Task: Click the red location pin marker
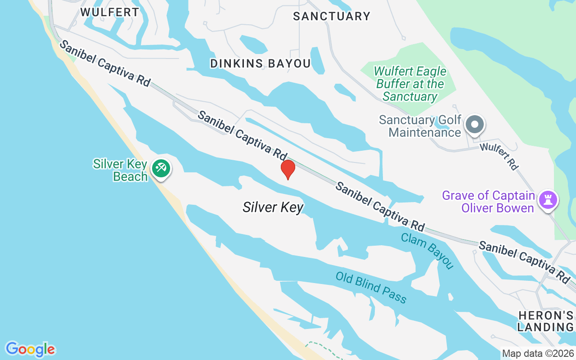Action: pyautogui.click(x=288, y=169)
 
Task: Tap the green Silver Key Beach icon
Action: pyautogui.click(x=161, y=169)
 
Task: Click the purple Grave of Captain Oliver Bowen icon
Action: pyautogui.click(x=548, y=199)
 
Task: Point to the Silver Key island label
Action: pyautogui.click(x=273, y=207)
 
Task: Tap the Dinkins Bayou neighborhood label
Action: pyautogui.click(x=261, y=64)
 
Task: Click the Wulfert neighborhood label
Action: pyautogui.click(x=110, y=12)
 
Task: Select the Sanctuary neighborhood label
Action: pyautogui.click(x=332, y=17)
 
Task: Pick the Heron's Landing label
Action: pyautogui.click(x=545, y=321)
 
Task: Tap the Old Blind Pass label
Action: pyautogui.click(x=371, y=288)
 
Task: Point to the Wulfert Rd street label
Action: pyautogui.click(x=499, y=156)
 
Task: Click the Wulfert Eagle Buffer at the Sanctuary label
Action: pyautogui.click(x=410, y=84)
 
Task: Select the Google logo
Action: pyautogui.click(x=30, y=349)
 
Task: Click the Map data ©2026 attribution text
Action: pyautogui.click(x=538, y=354)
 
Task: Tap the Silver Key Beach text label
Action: pyautogui.click(x=121, y=170)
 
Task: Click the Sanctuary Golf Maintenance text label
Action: pyautogui.click(x=420, y=126)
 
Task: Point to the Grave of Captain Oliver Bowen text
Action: pyautogui.click(x=488, y=202)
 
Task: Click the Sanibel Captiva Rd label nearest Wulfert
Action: pyautogui.click(x=104, y=63)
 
